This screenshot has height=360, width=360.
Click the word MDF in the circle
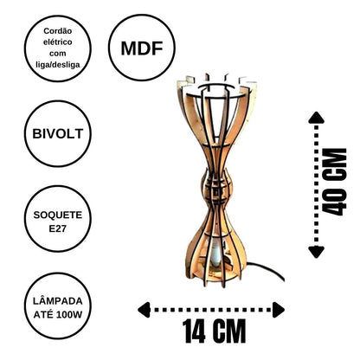pos(142,48)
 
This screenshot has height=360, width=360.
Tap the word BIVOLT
pos(58,134)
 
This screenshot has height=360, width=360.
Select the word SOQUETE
pos(58,215)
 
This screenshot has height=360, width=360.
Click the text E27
pos(58,228)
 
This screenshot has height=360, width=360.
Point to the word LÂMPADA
pos(58,301)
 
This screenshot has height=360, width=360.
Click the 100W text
pos(69,314)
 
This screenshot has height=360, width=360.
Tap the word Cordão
pos(58,30)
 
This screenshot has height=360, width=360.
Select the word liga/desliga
pos(58,65)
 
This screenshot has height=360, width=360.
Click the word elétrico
pos(58,42)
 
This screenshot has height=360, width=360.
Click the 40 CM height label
pos(334,182)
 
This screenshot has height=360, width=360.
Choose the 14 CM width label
pos(214,331)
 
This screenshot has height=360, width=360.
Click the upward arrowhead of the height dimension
pos(317,118)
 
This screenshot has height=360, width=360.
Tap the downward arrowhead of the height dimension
pos(317,252)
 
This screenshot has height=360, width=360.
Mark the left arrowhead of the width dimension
pos(144,310)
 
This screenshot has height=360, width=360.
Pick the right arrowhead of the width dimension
pos(279,310)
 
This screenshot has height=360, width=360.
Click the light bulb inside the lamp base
pos(215,254)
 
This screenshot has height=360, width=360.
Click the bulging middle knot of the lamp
pos(216,188)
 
